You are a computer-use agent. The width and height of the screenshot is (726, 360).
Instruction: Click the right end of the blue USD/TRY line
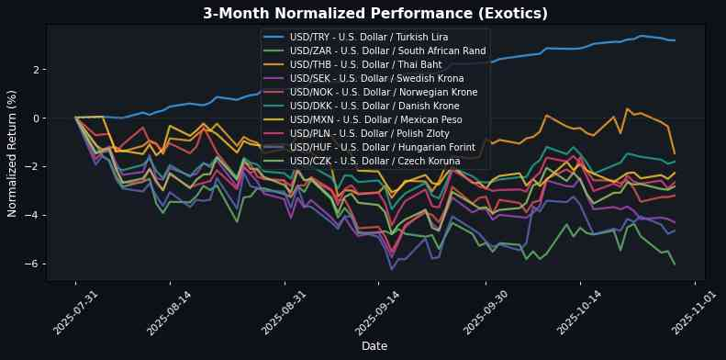pyautogui.click(x=675, y=40)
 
